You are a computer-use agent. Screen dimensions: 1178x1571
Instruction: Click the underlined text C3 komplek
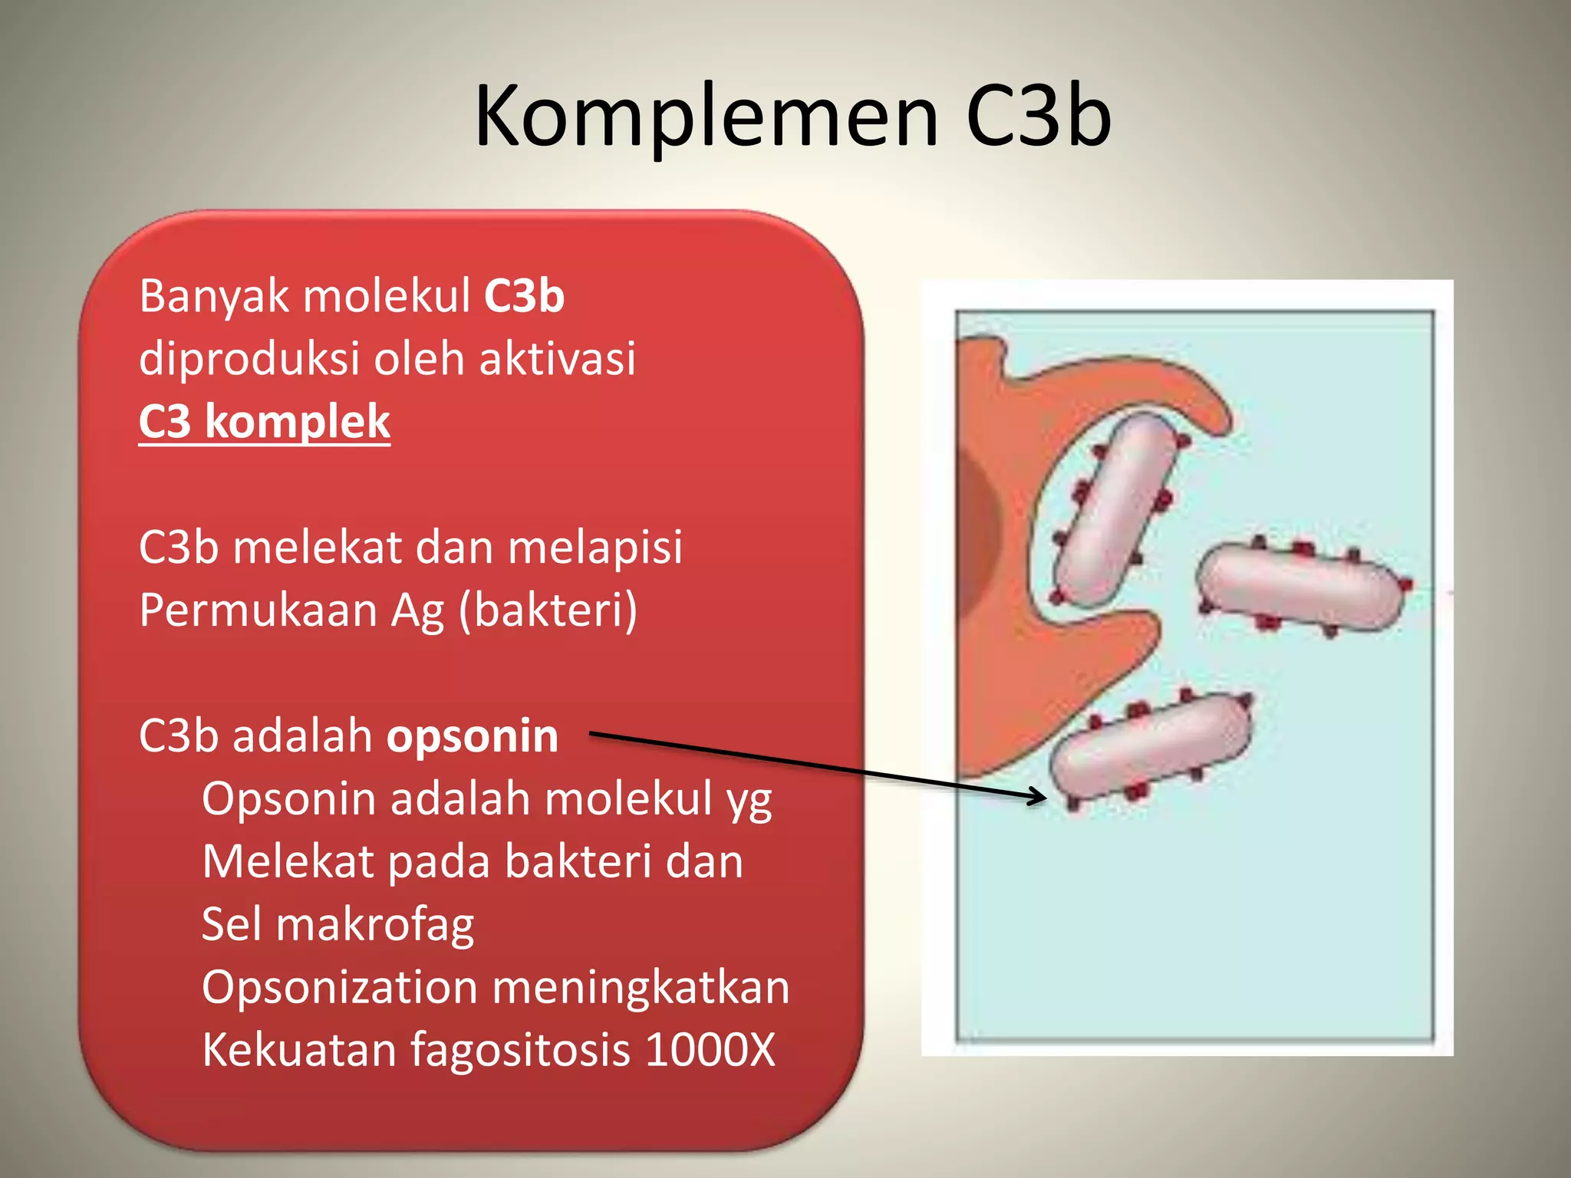pyautogui.click(x=265, y=422)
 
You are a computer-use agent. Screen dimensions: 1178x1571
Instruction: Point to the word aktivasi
pyautogui.click(x=558, y=359)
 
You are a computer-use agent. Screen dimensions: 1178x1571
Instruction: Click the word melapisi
pyautogui.click(x=594, y=548)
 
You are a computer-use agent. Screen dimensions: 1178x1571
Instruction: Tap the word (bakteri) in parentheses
pyautogui.click(x=548, y=611)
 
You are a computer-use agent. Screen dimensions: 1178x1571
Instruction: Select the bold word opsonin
pyautogui.click(x=472, y=736)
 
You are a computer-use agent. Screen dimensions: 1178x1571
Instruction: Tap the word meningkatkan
pyautogui.click(x=641, y=987)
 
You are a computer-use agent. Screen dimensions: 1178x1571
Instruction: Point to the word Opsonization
pyautogui.click(x=339, y=987)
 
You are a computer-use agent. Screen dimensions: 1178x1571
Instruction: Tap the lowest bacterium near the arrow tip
pyautogui.click(x=1151, y=748)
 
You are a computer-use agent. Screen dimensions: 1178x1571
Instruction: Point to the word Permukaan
pyautogui.click(x=258, y=611)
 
